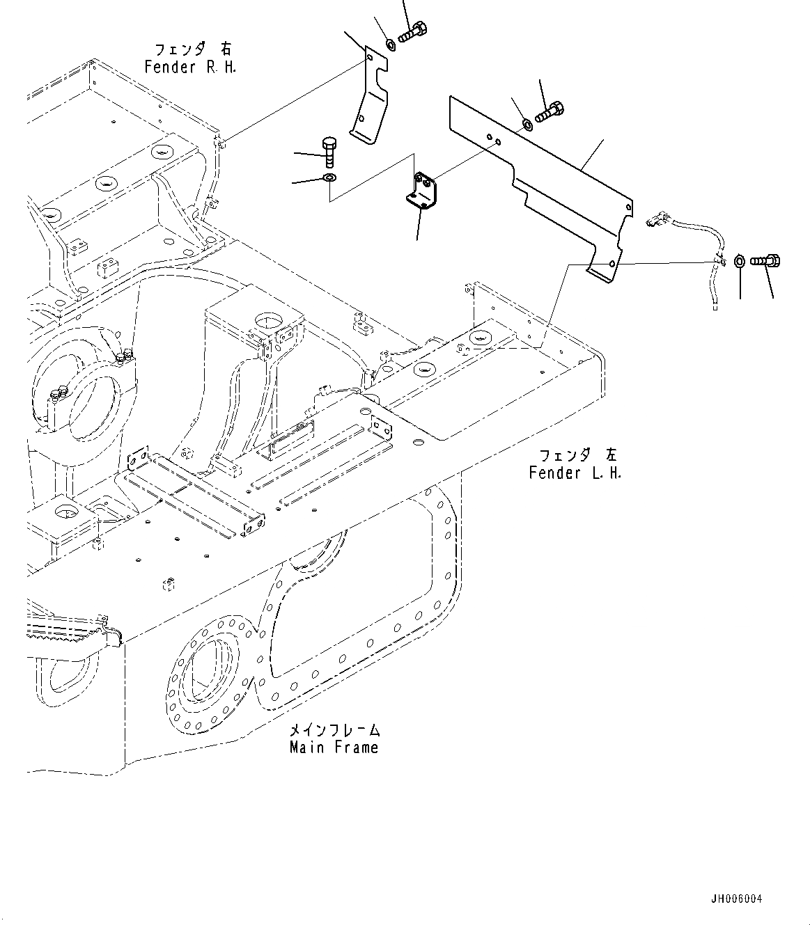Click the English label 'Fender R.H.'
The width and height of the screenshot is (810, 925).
(190, 68)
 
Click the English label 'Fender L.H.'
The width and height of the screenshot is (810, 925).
(575, 473)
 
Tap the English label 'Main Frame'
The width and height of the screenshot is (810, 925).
(334, 748)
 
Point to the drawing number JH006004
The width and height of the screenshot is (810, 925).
(737, 899)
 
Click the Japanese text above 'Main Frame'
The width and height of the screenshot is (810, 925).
(334, 730)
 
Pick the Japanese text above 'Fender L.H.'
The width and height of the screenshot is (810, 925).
(577, 456)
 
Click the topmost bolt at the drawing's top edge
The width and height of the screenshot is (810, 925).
(413, 31)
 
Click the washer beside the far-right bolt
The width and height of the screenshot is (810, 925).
(740, 262)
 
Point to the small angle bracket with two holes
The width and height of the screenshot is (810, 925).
(423, 191)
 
